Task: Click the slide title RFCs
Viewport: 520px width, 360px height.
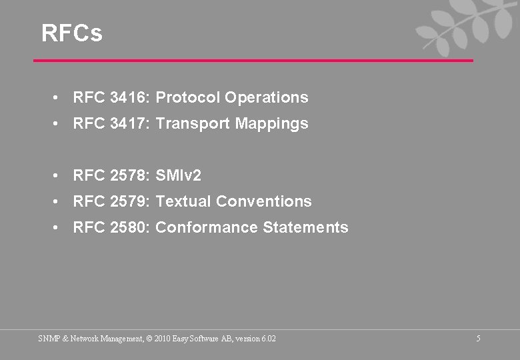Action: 72,33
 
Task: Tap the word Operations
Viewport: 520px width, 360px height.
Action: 267,97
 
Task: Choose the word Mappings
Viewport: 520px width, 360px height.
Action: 272,124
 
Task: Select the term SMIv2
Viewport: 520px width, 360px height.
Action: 178,175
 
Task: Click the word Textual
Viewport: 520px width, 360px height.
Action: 183,201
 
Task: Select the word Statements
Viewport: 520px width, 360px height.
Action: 306,227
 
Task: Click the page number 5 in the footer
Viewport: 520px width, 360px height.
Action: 479,339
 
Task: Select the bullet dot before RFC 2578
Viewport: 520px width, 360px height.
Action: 59,175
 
